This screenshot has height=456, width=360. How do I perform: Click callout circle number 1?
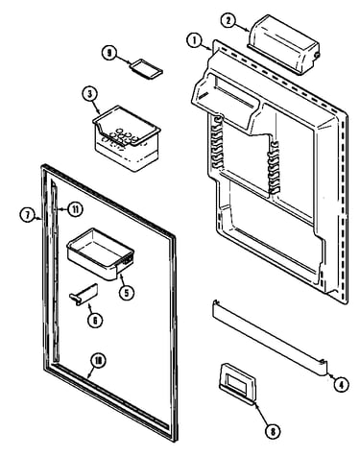point(195,41)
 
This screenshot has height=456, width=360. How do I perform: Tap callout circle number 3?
point(90,94)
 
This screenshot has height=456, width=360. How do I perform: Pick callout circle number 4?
point(341,384)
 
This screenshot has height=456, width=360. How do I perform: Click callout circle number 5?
point(127,292)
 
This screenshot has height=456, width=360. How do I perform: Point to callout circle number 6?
point(95,320)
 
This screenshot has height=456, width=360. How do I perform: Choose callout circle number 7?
point(27,215)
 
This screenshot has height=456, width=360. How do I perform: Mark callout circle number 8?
point(273,432)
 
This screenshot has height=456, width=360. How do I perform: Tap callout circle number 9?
point(110,53)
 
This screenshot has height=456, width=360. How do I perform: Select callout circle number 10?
point(99,361)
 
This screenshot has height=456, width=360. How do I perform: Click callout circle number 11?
point(75,209)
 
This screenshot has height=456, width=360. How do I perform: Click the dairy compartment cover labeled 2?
point(283,45)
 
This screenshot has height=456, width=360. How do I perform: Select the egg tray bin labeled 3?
point(127,137)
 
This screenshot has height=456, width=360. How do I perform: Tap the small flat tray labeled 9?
point(146,68)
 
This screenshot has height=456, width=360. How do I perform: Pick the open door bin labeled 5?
point(100,254)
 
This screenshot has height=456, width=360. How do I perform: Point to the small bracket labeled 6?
point(84,295)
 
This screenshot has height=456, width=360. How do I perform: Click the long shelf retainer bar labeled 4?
point(270,337)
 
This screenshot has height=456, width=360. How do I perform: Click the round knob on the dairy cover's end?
point(318,56)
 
